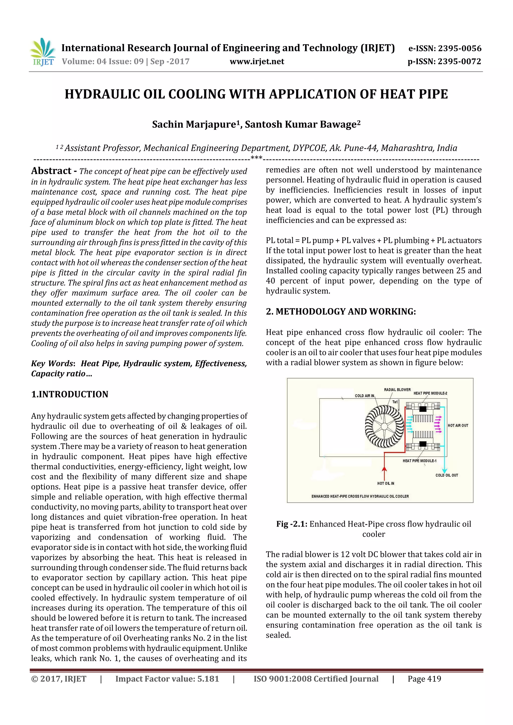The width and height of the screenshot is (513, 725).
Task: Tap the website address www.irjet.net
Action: tap(257, 62)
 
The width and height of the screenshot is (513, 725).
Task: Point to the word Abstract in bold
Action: tap(51, 171)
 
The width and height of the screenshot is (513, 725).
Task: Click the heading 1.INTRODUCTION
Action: tap(70, 394)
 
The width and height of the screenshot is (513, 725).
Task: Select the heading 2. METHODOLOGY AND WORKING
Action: tap(341, 311)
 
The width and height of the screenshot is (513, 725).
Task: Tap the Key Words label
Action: tap(52, 363)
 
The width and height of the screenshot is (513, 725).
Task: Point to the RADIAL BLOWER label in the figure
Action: tap(397, 390)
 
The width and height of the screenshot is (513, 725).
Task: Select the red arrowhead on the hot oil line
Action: tap(384, 469)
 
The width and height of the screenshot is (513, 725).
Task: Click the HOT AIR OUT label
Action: tap(458, 426)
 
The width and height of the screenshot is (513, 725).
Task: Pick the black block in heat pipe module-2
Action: tap(423, 409)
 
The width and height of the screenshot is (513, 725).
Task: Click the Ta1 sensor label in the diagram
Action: tap(395, 402)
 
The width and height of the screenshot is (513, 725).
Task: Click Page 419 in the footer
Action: tap(424, 679)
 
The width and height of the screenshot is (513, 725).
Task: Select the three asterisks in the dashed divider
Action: tap(256, 158)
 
